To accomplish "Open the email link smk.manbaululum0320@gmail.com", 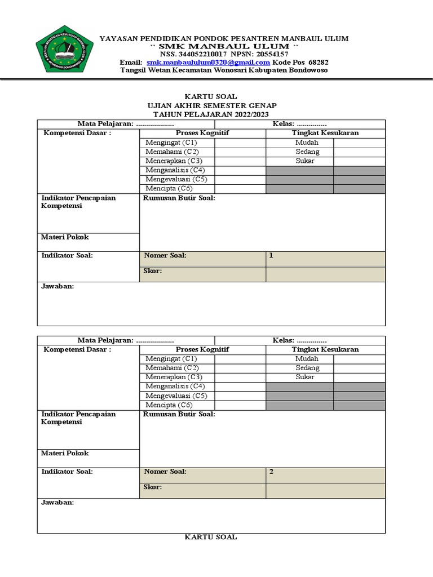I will coord(208,62).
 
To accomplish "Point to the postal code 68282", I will coord(319,62).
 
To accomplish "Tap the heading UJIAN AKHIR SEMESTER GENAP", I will coord(211,105).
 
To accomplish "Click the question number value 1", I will coord(271,255).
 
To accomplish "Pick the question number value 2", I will coord(271,472).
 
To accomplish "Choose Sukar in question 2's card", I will coord(306,377).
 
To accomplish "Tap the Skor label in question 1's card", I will coord(153,271).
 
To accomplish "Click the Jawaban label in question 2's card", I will coord(58,503).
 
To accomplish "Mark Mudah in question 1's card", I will coord(306,143).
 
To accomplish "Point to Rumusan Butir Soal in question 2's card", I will coord(179,414).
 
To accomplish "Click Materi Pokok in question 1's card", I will coord(65,237).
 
